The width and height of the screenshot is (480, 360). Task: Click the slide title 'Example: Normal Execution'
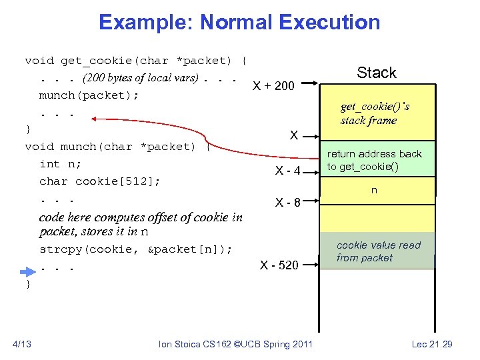pos(239,22)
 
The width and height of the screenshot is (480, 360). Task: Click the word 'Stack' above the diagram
pos(376,73)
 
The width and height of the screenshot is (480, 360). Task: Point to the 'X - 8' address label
pos(289,202)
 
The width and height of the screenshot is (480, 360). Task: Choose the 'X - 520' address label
pos(279,265)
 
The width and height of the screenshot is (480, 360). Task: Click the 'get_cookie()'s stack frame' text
pos(375,113)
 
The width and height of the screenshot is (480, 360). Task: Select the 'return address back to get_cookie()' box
pos(377,161)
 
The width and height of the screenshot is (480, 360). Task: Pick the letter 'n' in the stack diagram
pos(374,191)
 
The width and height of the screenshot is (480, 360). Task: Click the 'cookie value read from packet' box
pos(377,251)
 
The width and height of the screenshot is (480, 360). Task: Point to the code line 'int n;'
pos(59,163)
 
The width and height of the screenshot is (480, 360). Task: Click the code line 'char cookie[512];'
pos(100,181)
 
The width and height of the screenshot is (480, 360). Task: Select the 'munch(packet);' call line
pos(89,95)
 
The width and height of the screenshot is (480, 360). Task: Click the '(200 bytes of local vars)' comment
pos(140,77)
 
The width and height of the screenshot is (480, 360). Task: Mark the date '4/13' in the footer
pos(22,344)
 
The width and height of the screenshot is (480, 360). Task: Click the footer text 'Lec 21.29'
pos(431,344)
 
